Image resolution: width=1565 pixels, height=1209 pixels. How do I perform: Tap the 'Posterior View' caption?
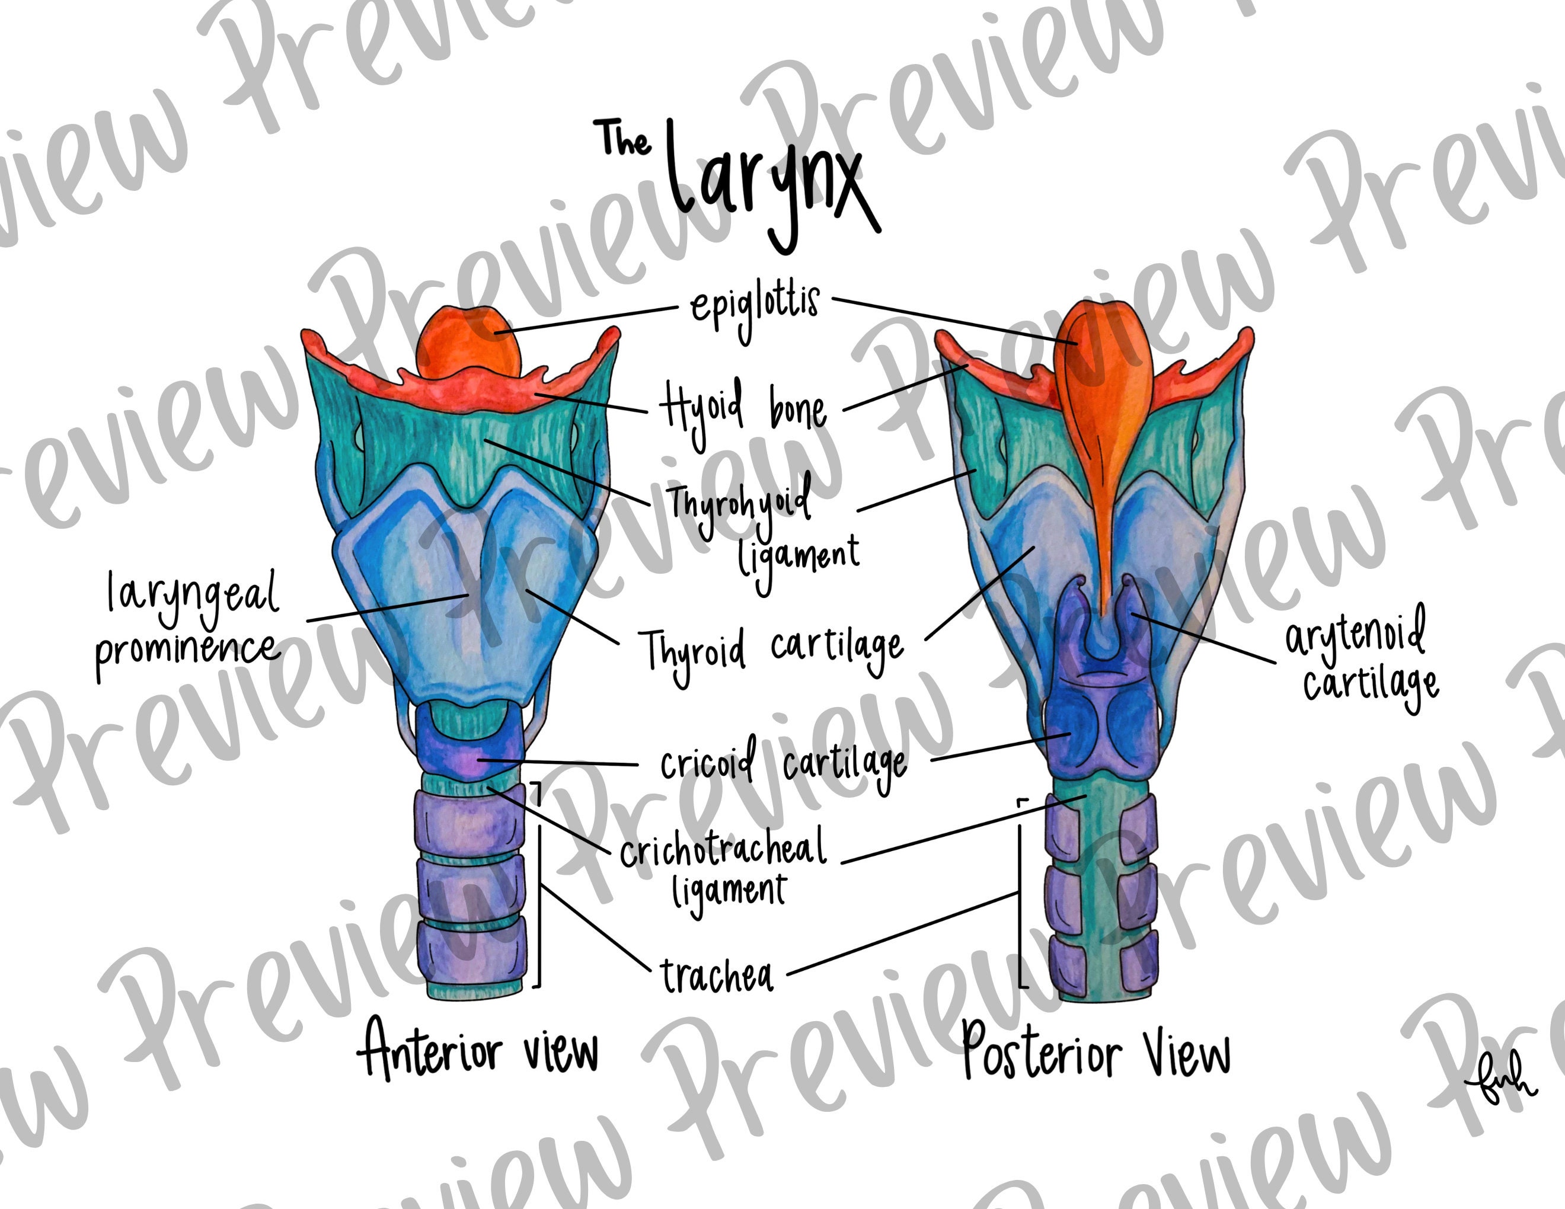(x=1095, y=1053)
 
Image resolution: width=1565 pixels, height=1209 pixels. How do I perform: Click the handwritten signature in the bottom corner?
(x=1499, y=1088)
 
